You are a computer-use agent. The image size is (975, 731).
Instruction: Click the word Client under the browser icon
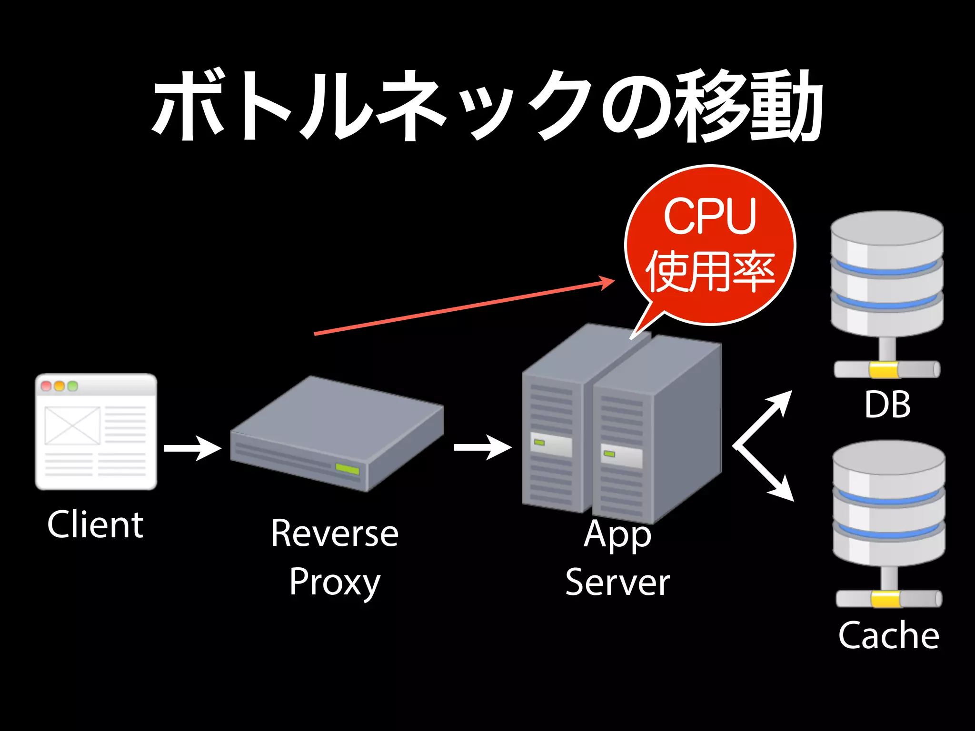click(95, 524)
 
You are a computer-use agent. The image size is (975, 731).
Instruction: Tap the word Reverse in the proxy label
click(335, 533)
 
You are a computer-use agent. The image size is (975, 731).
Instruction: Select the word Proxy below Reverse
click(335, 582)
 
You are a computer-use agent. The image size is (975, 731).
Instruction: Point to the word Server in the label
click(617, 582)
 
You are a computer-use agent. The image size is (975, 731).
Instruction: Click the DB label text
click(887, 405)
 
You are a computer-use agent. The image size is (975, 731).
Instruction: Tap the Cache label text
click(888, 635)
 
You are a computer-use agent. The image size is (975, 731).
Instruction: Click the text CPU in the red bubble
click(710, 217)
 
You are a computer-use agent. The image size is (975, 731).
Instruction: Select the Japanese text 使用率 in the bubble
click(710, 271)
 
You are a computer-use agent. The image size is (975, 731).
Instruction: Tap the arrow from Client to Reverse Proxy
click(193, 448)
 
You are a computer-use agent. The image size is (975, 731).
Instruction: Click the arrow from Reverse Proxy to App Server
click(483, 447)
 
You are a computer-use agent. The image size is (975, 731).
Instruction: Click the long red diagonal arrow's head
click(607, 283)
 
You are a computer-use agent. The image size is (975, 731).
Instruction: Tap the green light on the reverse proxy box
click(347, 469)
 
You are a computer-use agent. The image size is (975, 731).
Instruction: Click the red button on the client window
click(46, 386)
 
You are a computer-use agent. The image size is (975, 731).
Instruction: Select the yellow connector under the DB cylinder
click(884, 370)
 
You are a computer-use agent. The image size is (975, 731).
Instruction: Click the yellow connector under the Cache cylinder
click(886, 599)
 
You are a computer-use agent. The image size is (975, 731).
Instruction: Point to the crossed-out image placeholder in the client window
click(72, 425)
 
